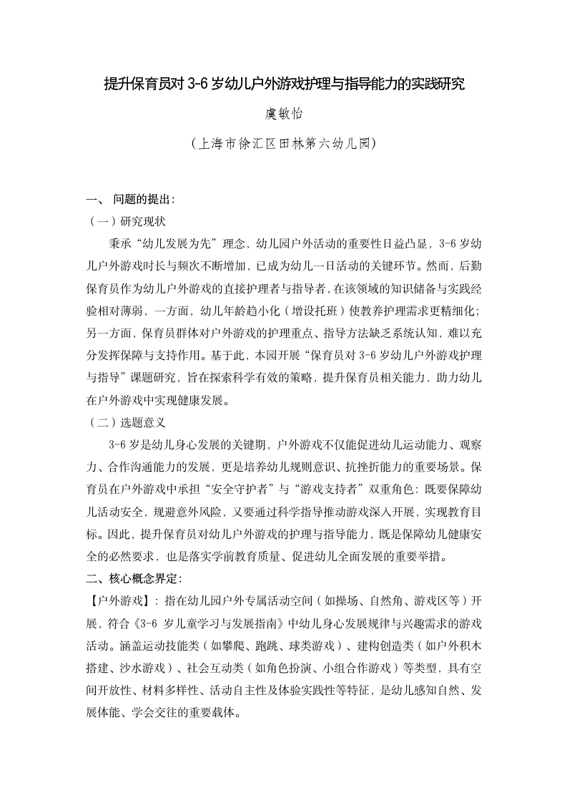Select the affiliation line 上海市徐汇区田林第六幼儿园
tap(284, 144)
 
